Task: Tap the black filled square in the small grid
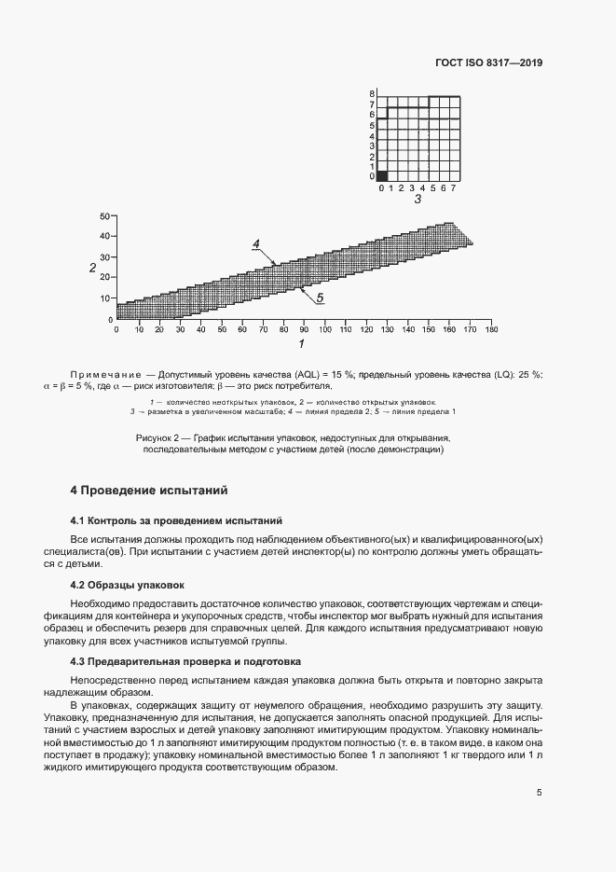381,175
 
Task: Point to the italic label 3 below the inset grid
418,200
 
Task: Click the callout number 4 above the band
254,244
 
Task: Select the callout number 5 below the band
319,298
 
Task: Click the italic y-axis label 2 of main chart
92,268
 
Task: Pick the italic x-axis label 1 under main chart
301,344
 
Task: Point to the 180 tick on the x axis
492,329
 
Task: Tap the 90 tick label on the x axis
304,329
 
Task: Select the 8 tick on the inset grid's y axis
371,94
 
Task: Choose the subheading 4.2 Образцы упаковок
128,585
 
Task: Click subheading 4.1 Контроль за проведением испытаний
176,519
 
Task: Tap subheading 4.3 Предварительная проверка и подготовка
186,661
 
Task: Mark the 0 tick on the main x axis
116,329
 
